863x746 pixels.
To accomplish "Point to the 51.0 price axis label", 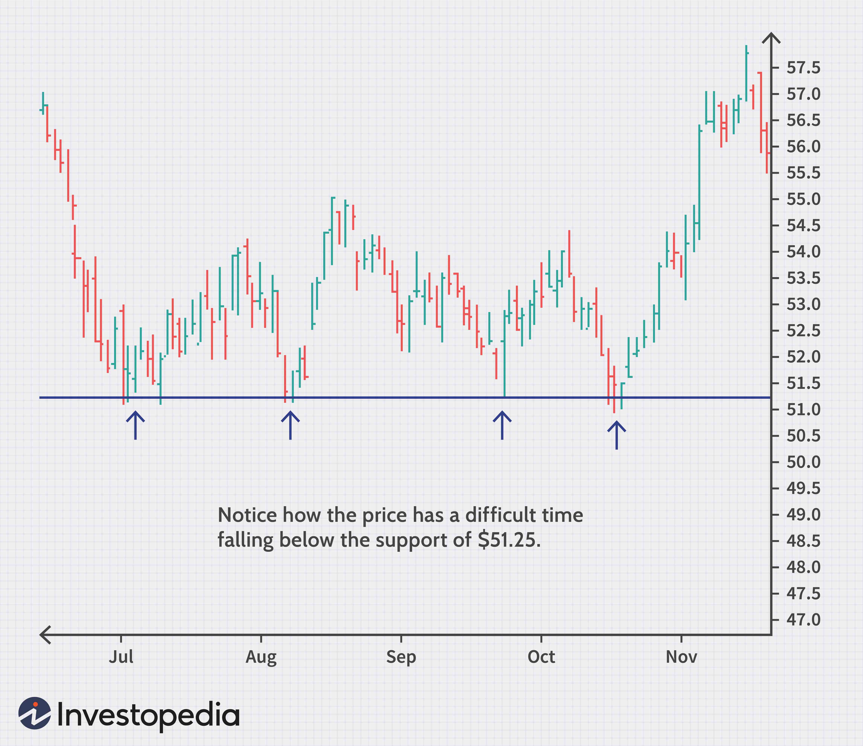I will [803, 410].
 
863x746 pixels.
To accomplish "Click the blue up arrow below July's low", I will [135, 425].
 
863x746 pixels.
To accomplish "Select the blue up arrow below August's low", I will [290, 425].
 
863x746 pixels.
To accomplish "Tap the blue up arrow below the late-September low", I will [502, 425].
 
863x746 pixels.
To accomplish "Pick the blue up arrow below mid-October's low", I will [616, 435].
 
